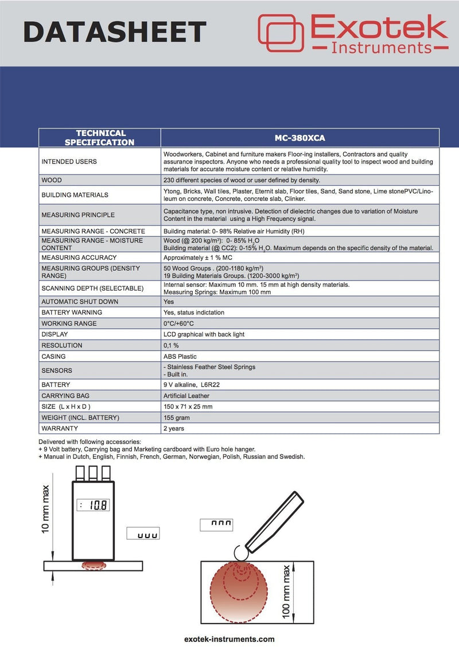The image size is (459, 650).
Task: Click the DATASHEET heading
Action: (115, 32)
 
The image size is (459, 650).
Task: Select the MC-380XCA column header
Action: (299, 138)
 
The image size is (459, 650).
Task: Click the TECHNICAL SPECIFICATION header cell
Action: (100, 138)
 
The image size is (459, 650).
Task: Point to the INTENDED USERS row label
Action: (69, 162)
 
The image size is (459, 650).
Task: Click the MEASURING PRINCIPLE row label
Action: (78, 215)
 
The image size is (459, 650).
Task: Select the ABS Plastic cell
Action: (180, 356)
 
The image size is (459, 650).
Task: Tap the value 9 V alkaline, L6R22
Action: (192, 384)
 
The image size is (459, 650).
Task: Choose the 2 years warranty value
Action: (174, 429)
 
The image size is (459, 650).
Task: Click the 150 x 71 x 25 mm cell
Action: (188, 407)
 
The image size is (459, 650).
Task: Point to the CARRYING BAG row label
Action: (65, 396)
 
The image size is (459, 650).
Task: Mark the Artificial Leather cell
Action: (186, 396)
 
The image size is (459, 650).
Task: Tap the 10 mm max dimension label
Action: (46, 509)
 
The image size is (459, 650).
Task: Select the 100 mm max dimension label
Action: (287, 591)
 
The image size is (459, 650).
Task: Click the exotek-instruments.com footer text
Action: (229, 639)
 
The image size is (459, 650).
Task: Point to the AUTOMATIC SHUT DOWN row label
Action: (80, 302)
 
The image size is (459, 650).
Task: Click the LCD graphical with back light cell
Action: (204, 334)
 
